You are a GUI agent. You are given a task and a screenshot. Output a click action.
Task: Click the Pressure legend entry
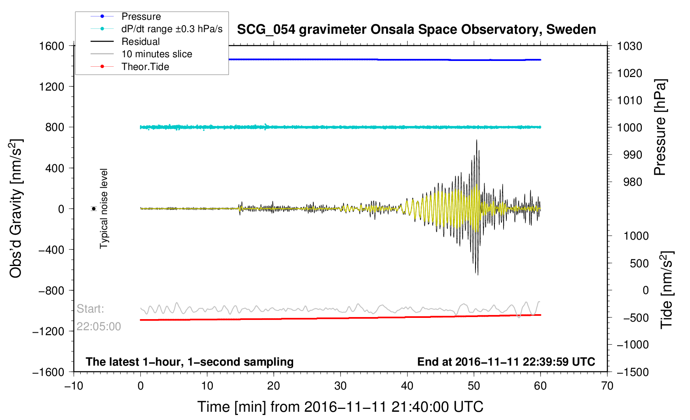coord(126,16)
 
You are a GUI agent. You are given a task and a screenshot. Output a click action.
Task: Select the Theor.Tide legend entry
coord(130,67)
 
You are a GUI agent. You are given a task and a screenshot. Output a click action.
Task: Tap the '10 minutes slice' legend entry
coord(141,54)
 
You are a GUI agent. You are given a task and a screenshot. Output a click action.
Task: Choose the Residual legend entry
coord(125,42)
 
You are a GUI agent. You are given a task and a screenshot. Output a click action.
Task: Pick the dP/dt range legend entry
coord(156,29)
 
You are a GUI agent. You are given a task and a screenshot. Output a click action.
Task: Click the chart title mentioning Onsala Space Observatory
coord(417,30)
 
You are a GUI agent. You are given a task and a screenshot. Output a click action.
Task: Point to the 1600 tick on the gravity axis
coord(51,46)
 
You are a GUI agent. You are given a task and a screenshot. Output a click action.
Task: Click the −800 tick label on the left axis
coord(51,291)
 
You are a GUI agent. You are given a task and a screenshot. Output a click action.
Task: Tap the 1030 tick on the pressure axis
coord(629,46)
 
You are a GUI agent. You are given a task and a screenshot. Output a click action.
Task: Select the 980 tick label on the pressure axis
coord(633,182)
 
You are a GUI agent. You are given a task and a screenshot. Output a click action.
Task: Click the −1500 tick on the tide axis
coord(633,372)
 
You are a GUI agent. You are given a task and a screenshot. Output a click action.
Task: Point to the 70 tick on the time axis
coord(607,386)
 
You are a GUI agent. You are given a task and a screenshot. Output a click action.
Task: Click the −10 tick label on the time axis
coord(74,386)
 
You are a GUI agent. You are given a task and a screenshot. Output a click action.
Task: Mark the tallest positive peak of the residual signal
coord(476,140)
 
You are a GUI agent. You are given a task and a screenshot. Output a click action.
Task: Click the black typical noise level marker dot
coord(93,209)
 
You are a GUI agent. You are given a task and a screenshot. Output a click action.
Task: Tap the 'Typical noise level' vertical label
coord(104,209)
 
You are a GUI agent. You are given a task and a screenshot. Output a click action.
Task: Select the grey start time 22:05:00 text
coord(98,327)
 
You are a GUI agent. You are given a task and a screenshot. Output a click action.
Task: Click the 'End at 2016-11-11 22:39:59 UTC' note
coord(506,362)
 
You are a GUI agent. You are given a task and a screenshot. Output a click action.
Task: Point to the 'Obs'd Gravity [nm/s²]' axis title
coord(16,209)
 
